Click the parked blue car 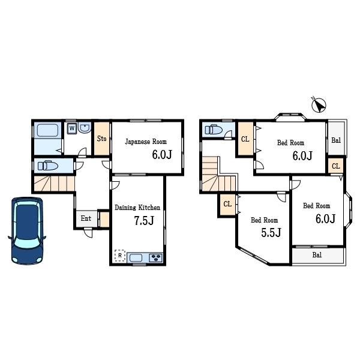pos(27,230)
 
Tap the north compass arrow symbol pos(319,105)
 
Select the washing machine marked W pos(72,128)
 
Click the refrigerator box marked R pos(120,256)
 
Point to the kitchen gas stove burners pos(156,257)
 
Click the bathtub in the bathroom pos(48,130)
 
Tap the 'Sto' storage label pos(102,139)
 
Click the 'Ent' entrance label pos(86,218)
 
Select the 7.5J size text pos(144,220)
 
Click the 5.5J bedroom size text pos(271,233)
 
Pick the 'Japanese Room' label pos(146,142)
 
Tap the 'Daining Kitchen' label pos(137,208)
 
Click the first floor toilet pos(48,166)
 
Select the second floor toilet pos(214,130)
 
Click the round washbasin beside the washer pos(85,127)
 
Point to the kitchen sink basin pos(136,258)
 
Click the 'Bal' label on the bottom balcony pos(317,255)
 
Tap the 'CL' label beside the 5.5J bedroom pos(227,204)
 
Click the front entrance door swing pos(88,233)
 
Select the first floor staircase pos(55,184)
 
